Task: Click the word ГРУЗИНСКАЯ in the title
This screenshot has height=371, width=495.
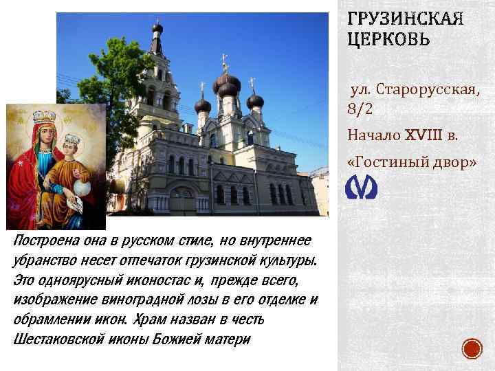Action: [x=406, y=19]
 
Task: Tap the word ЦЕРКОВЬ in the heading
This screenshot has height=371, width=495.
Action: [x=389, y=39]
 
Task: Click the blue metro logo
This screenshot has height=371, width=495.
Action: [x=357, y=186]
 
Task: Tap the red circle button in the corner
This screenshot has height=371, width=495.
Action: [x=472, y=349]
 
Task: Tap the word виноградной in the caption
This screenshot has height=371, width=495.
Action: [x=131, y=300]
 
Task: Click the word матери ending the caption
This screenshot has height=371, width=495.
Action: [x=231, y=339]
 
